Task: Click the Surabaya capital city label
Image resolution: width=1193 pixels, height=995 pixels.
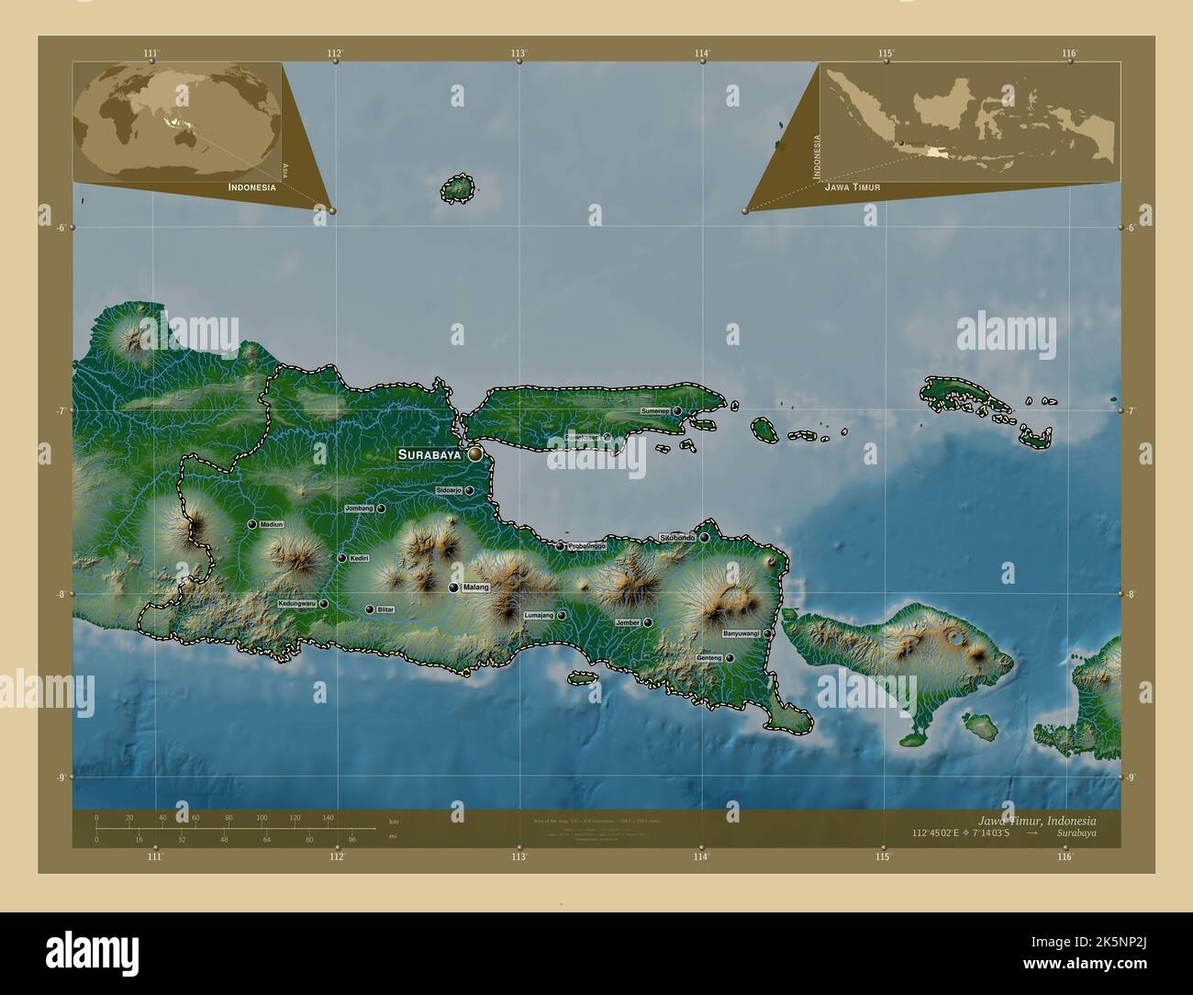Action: [x=429, y=454]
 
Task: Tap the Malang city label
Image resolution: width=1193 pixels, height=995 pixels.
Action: [x=476, y=587]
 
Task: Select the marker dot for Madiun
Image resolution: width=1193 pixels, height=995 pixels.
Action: [x=251, y=524]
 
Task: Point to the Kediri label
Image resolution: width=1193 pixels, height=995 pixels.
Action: [x=359, y=557]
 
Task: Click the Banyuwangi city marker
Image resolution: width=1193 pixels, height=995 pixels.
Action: [x=767, y=633]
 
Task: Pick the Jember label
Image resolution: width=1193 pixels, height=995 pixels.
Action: [x=628, y=622]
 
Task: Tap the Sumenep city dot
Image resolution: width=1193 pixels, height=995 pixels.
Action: [x=677, y=411]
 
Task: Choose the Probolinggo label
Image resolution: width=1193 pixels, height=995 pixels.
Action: [x=586, y=546]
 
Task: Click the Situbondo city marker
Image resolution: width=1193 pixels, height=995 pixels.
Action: [x=705, y=538]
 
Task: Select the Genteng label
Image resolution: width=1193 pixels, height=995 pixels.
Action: [x=708, y=658]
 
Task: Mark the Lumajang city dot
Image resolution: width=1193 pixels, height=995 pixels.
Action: [x=562, y=616]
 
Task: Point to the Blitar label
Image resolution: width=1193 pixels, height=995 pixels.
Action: [x=385, y=609]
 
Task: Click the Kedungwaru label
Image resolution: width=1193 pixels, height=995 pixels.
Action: [x=296, y=604]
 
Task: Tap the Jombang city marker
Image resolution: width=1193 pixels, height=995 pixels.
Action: [x=380, y=509]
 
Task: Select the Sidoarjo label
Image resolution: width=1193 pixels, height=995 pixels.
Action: [x=449, y=490]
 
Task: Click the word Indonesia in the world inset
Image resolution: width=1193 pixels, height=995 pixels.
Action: [x=251, y=186]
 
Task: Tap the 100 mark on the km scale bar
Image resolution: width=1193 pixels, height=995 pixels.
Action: [x=262, y=817]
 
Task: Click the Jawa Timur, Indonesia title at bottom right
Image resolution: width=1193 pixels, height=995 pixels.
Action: [x=1036, y=820]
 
